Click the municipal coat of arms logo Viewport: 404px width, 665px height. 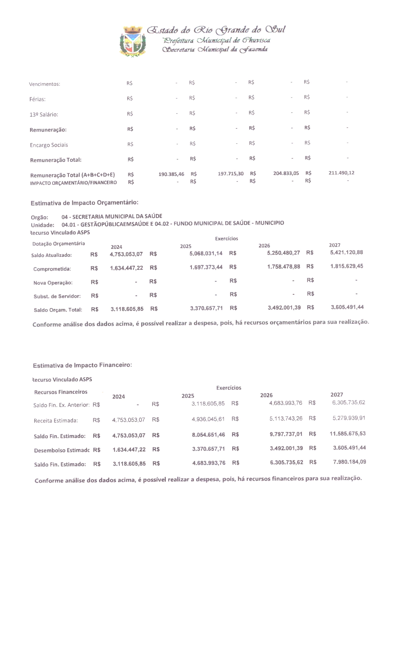click(133, 41)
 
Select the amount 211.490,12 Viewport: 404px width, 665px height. click(341, 173)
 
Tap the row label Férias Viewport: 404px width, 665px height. click(38, 99)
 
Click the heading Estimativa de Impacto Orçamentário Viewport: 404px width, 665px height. click(84, 203)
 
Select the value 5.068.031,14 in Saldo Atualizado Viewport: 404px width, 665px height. click(206, 253)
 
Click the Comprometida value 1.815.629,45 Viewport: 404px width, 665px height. click(347, 266)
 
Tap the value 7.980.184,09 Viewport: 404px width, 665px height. click(350, 462)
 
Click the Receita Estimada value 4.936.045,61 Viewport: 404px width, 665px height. click(208, 419)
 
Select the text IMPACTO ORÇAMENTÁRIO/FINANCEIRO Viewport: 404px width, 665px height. click(73, 183)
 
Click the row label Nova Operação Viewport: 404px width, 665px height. click(53, 283)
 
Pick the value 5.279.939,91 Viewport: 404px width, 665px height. click(349, 418)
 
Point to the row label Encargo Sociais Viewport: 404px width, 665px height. click(49, 145)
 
